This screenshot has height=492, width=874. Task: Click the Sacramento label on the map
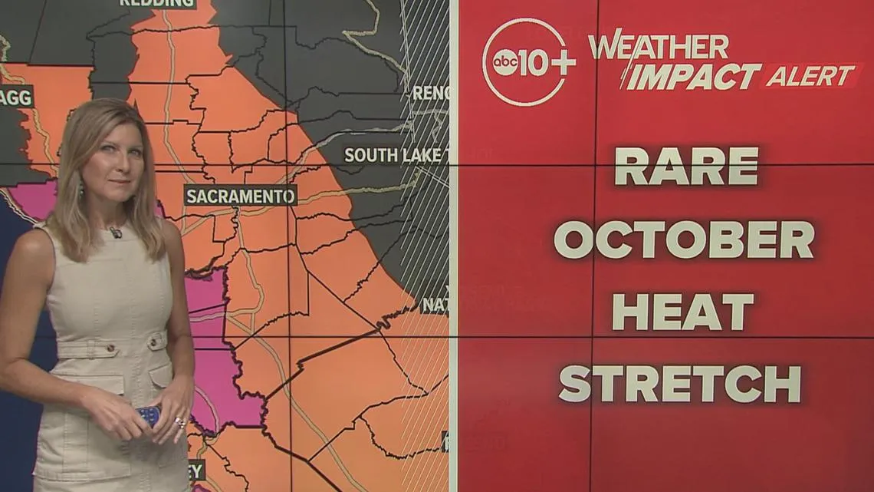tap(240, 196)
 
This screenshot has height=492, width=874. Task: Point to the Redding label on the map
tap(156, 3)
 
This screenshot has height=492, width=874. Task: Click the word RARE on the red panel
tap(686, 166)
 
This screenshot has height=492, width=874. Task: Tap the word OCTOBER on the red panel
tap(683, 239)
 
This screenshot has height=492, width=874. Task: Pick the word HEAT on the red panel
tap(682, 312)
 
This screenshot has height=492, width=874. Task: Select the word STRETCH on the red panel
tap(679, 384)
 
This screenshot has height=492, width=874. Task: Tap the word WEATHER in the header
tap(659, 46)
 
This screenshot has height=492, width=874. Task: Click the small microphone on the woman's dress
tap(116, 232)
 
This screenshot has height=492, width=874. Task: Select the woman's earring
tap(80, 189)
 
